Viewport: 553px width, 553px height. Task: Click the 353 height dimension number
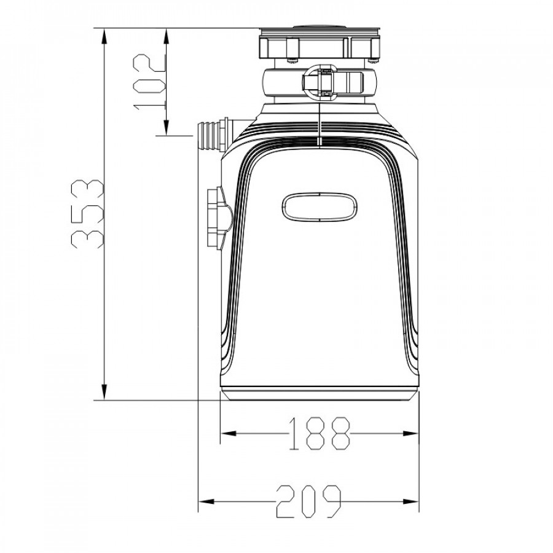[x=87, y=214]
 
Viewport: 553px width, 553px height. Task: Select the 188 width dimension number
[x=320, y=433]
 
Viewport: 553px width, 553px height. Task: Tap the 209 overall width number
[x=309, y=501]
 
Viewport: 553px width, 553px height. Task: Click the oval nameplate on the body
[x=320, y=208]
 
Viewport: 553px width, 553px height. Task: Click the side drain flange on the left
[x=219, y=219]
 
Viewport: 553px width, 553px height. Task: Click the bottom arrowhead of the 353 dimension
[x=104, y=391]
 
